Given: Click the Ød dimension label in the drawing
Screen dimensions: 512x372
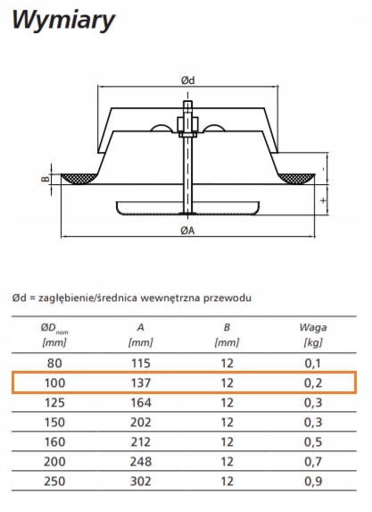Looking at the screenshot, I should coord(187,80).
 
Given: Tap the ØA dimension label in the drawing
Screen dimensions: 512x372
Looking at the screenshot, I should coord(187,231).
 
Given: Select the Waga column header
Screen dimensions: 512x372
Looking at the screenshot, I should coord(312,327).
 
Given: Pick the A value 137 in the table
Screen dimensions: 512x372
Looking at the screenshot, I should coord(142,382).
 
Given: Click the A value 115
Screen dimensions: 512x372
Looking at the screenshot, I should coord(142,364).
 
